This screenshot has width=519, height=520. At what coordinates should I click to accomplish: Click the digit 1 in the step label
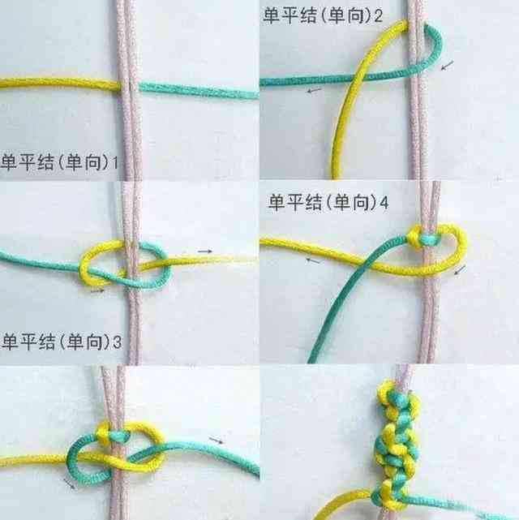[115, 162]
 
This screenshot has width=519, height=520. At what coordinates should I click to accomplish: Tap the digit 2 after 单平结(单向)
[379, 15]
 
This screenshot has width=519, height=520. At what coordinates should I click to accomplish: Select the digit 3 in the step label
[117, 342]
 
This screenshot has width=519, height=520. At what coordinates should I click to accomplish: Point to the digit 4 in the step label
[384, 202]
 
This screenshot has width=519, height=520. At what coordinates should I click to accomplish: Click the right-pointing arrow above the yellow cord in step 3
[205, 251]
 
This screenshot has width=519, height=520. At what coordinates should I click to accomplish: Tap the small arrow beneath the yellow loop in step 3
[97, 291]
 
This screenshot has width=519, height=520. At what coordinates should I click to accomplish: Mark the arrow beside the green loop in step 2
[447, 65]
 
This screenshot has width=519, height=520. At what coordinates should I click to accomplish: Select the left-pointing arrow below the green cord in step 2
[314, 90]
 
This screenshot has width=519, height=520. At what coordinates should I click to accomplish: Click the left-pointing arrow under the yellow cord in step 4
[313, 261]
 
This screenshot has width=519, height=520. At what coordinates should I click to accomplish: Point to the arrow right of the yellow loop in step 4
[460, 270]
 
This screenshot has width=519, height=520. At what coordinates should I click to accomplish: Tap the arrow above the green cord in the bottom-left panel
[217, 440]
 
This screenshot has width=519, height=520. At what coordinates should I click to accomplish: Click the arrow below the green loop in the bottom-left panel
[69, 483]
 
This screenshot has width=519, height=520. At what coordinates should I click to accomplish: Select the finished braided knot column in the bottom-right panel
[397, 445]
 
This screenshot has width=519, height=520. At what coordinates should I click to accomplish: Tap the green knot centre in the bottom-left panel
[117, 435]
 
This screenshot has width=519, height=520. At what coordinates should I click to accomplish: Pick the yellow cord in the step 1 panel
[60, 84]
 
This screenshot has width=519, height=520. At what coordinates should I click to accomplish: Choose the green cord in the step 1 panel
[198, 90]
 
